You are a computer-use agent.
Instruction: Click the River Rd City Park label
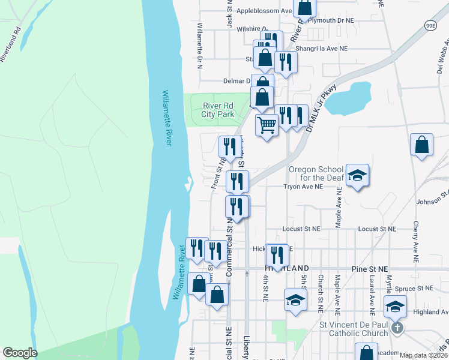point(217,110)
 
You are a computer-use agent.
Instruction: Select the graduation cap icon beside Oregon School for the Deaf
point(357,175)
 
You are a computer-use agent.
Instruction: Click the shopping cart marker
point(267,125)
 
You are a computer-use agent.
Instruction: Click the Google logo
point(20,353)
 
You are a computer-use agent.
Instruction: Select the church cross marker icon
point(396,328)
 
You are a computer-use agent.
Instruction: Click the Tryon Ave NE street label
point(303,187)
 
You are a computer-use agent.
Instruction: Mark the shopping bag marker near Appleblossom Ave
point(305,7)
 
